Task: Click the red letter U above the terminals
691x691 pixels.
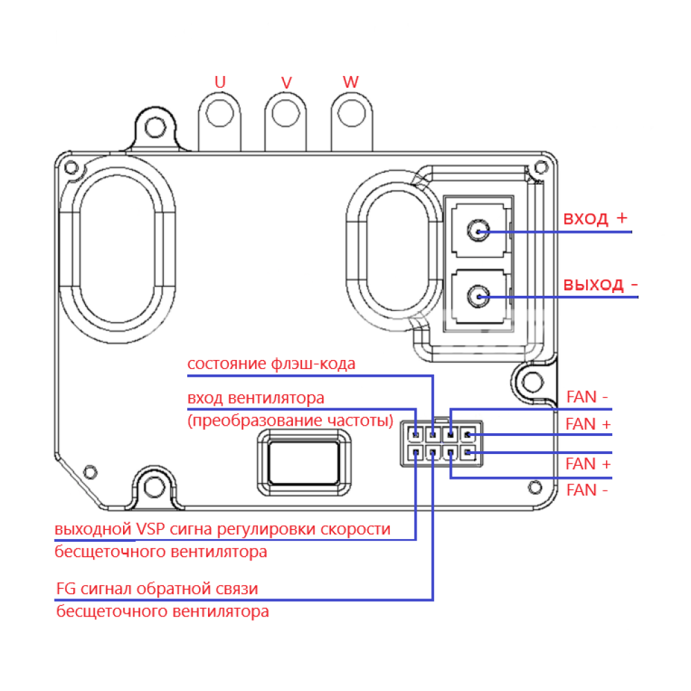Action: click(220, 82)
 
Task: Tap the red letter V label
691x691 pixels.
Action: click(286, 82)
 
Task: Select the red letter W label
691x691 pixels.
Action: click(351, 82)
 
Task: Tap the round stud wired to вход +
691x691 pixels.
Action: click(477, 231)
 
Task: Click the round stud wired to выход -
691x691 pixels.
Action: click(477, 297)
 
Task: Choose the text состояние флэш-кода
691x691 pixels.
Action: click(272, 363)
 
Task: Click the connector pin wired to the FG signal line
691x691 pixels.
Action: click(433, 453)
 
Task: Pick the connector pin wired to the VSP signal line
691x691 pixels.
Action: click(415, 453)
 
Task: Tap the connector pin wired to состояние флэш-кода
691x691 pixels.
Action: click(433, 435)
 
